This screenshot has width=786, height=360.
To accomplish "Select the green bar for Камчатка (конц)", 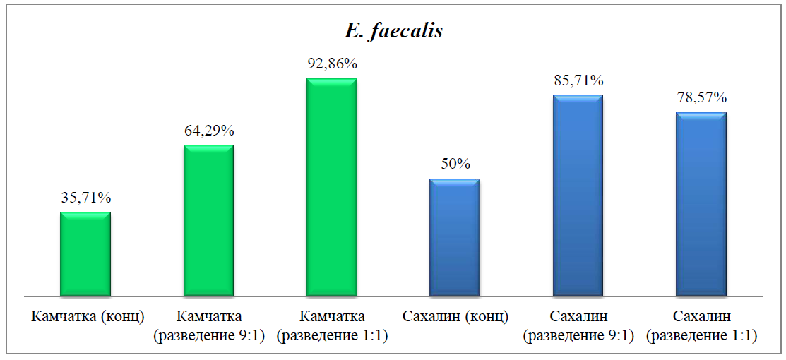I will click(85, 253).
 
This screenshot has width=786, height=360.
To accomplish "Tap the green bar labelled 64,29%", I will click(208, 220).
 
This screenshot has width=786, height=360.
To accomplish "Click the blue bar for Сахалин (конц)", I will click(455, 237).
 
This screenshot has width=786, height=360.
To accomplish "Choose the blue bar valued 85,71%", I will click(578, 195).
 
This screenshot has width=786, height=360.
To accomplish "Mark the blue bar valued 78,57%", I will click(701, 203).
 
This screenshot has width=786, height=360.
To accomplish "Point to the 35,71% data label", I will click(85, 198).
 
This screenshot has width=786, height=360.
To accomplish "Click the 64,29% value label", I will click(208, 131).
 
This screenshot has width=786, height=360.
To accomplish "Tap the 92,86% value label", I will click(332, 64).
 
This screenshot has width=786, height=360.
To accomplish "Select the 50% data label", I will click(455, 164).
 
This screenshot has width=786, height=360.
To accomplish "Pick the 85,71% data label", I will click(578, 80).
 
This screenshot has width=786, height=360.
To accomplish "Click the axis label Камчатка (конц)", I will click(88, 316).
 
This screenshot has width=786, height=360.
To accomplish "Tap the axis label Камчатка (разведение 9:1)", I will click(209, 325).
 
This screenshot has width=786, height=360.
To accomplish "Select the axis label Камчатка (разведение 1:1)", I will click(332, 325).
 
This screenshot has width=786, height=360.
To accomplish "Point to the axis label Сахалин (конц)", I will click(455, 316).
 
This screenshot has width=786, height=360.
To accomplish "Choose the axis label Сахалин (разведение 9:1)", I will click(578, 325).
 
